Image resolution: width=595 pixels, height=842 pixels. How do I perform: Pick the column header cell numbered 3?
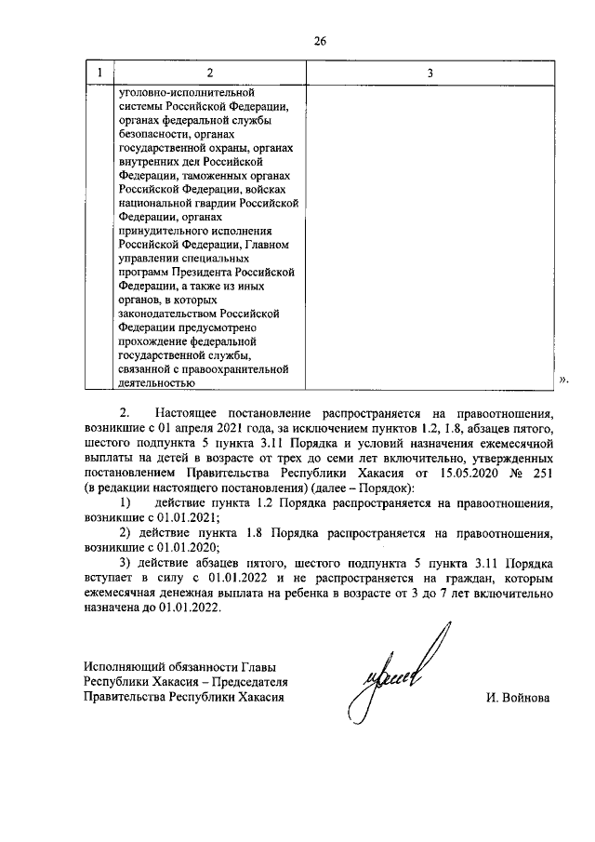(x=429, y=73)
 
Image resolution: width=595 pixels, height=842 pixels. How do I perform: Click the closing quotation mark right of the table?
(x=563, y=381)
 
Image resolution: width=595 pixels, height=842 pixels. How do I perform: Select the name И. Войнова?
(x=518, y=697)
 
